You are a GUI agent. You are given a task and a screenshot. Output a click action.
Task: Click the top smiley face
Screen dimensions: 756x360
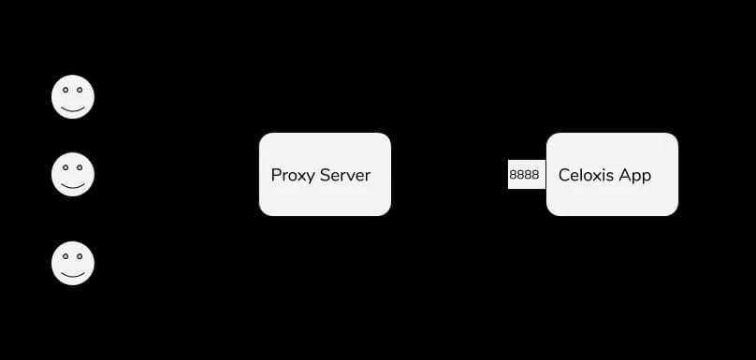(x=73, y=96)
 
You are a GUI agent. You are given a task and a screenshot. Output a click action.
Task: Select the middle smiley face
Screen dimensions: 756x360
(x=73, y=174)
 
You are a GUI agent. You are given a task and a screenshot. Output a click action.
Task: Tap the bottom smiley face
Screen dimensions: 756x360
(x=73, y=263)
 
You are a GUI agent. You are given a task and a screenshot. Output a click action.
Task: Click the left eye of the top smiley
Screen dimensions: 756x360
(x=65, y=90)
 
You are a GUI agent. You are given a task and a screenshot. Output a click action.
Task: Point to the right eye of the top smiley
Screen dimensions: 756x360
(x=80, y=90)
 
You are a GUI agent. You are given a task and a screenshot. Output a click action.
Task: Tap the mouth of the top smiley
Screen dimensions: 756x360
(x=73, y=109)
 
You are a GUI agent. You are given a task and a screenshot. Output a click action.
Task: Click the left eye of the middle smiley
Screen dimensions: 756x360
(x=65, y=167)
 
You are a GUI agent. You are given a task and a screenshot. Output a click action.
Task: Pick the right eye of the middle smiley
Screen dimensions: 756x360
(x=80, y=167)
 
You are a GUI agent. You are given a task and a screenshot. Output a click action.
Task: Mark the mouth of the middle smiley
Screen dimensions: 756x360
(x=73, y=186)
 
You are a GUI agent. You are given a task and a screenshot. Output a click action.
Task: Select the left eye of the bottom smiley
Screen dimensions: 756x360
(x=65, y=257)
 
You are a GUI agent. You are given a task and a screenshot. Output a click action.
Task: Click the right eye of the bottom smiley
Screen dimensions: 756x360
(x=80, y=257)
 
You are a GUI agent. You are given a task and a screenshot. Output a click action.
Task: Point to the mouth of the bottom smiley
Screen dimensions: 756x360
(x=73, y=276)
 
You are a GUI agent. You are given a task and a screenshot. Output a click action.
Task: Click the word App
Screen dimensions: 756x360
(x=635, y=177)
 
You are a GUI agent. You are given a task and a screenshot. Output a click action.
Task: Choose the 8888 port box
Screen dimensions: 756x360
(x=527, y=175)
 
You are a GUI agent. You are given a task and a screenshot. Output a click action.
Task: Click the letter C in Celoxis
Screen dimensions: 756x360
(x=564, y=175)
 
